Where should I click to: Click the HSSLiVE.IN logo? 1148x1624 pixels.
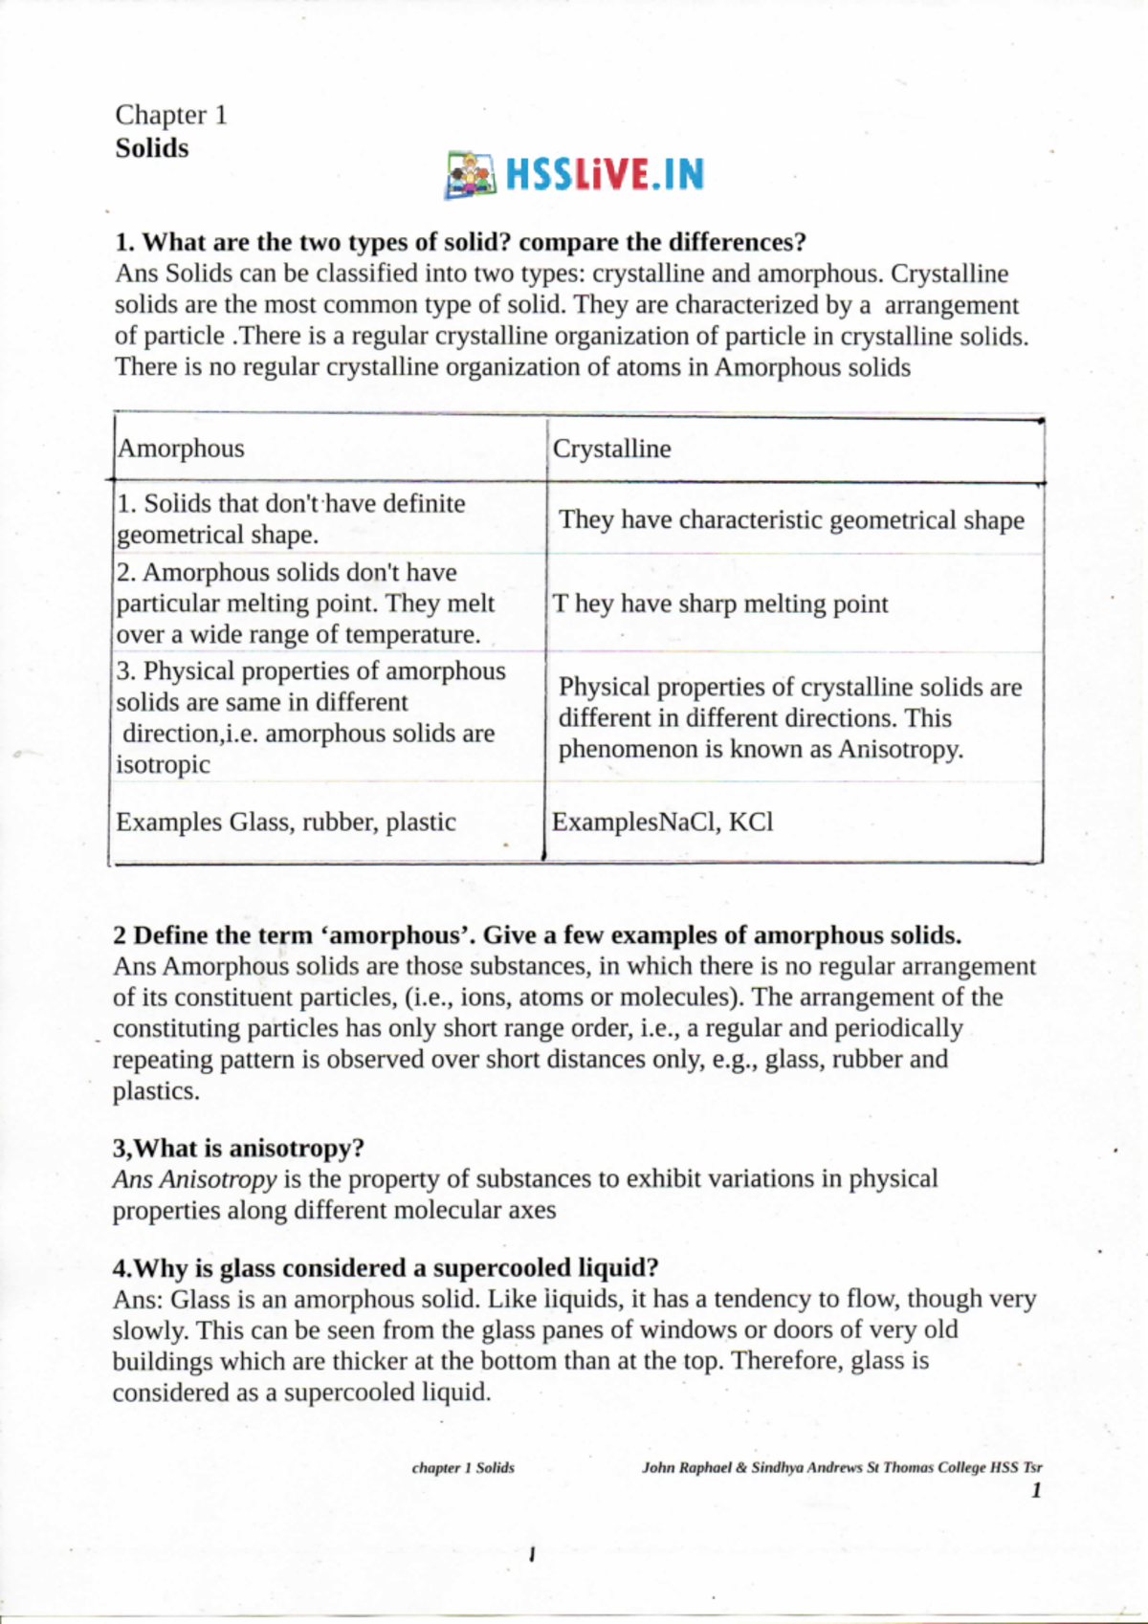pos(575,175)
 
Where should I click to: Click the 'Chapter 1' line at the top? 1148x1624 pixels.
pos(171,116)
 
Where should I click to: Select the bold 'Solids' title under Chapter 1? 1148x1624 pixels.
pos(152,148)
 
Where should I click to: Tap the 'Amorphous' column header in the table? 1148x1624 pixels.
pos(181,449)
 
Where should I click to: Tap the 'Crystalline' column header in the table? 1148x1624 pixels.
pos(611,449)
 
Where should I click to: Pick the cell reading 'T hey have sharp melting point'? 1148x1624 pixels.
pos(720,604)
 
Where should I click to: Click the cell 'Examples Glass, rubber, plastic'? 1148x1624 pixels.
pos(286,823)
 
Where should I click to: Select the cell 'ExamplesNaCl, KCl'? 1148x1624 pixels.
pos(663,823)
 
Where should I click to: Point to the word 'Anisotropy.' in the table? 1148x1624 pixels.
pos(900,750)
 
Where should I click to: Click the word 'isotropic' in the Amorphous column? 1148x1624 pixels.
pos(163,765)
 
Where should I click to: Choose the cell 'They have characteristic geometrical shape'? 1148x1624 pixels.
pos(791,520)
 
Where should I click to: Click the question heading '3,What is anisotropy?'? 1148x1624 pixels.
pos(238,1148)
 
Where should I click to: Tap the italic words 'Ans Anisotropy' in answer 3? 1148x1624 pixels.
pos(194,1179)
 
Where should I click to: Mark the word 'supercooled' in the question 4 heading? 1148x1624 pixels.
pos(503,1268)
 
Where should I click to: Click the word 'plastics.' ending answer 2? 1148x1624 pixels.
pos(156,1091)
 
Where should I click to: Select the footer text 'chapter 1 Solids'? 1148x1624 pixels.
pos(463,1467)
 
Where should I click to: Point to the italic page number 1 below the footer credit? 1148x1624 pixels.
pos(1036,1490)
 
